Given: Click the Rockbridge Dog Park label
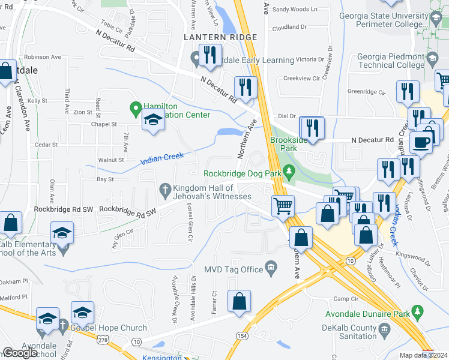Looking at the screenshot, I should click(x=243, y=174).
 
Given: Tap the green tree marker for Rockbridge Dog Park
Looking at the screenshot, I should click(x=289, y=173).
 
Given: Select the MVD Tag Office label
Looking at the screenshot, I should click(x=235, y=268).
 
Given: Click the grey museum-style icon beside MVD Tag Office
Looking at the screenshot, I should click(x=271, y=268).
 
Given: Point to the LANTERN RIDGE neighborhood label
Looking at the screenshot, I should click(x=220, y=37).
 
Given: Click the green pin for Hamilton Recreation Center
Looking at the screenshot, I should click(x=136, y=110).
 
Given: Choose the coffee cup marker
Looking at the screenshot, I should click(x=421, y=142).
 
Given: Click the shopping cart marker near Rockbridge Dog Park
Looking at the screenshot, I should click(x=283, y=206).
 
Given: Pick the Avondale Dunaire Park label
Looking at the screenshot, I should click(x=367, y=314).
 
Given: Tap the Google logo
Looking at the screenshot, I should click(x=20, y=353).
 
